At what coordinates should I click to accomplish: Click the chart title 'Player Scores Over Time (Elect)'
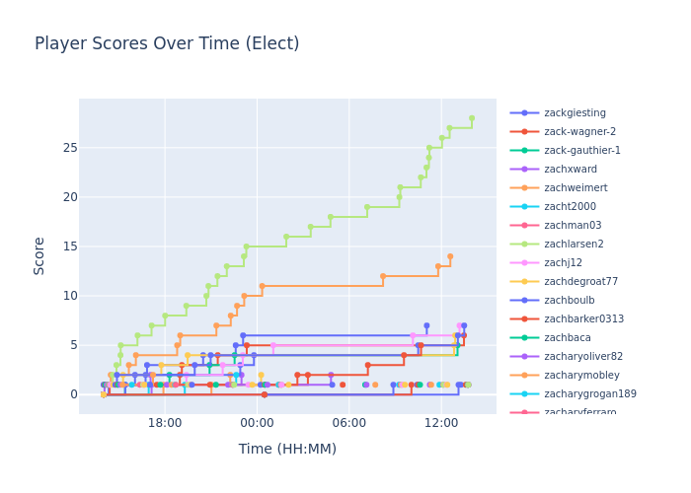coord(167,44)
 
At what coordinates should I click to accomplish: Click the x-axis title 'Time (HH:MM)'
coord(287,449)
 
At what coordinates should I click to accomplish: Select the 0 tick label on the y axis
coord(68,394)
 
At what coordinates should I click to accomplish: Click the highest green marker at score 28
coord(472,118)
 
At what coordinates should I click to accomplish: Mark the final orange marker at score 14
coord(450,256)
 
